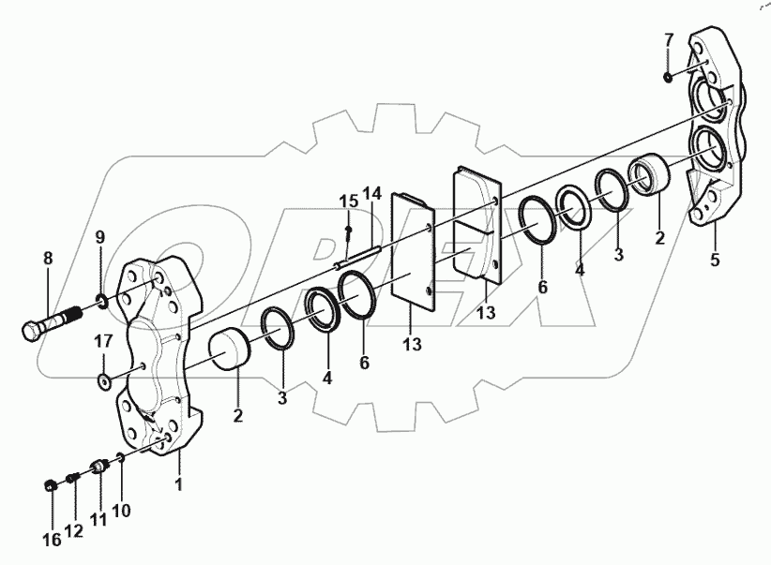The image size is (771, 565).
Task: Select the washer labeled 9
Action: (100, 302)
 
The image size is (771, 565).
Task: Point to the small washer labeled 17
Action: (102, 381)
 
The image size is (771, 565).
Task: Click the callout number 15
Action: (348, 201)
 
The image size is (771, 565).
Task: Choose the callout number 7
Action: (668, 39)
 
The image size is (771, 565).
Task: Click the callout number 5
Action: (715, 260)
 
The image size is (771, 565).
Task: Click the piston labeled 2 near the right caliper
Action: (650, 176)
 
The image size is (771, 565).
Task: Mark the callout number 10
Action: (122, 512)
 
